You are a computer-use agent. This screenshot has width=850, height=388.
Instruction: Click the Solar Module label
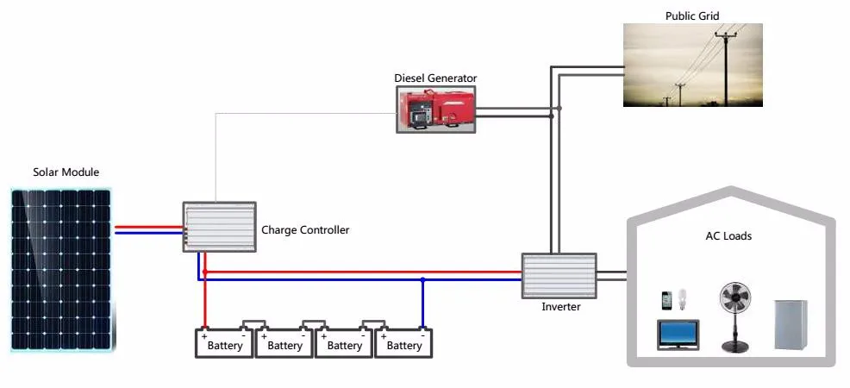(66, 172)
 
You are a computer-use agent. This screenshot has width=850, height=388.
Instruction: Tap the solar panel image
(61, 270)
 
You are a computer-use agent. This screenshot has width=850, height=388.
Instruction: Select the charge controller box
(219, 227)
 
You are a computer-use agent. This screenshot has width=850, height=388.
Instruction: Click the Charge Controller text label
(305, 230)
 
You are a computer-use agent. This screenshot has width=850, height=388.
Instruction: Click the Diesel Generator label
(435, 78)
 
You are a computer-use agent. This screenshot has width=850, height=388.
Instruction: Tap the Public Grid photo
(692, 65)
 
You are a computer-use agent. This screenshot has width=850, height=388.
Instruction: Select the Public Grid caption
(692, 16)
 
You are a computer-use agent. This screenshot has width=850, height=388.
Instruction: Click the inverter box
(559, 275)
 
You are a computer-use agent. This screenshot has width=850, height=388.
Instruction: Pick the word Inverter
(560, 307)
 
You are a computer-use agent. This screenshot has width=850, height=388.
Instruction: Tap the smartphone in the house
(666, 300)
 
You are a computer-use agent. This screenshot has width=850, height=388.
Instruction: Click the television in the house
(678, 335)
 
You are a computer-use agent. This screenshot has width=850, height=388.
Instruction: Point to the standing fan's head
(735, 298)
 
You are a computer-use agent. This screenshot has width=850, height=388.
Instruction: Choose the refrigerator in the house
(792, 324)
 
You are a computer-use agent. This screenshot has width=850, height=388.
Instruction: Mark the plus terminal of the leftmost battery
(204, 335)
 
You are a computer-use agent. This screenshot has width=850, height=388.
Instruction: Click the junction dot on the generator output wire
(559, 109)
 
